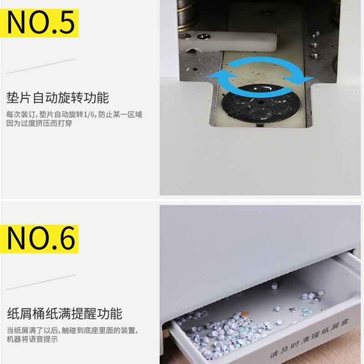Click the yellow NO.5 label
pyautogui.click(x=40, y=23)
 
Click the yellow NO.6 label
pyautogui.click(x=40, y=239)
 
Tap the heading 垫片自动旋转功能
pyautogui.click(x=58, y=98)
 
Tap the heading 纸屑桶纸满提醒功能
pyautogui.click(x=65, y=313)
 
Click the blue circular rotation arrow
pyautogui.click(x=260, y=76)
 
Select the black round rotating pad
pyautogui.click(x=260, y=104)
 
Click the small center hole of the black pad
pyautogui.click(x=261, y=102)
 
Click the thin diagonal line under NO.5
pyautogui.click(x=41, y=66)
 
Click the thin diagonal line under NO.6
pyautogui.click(x=41, y=282)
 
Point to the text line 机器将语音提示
pyautogui.click(x=32, y=339)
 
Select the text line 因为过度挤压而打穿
pyautogui.click(x=39, y=123)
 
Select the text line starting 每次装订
pyautogui.click(x=74, y=115)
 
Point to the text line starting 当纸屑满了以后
pyautogui.click(x=72, y=330)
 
